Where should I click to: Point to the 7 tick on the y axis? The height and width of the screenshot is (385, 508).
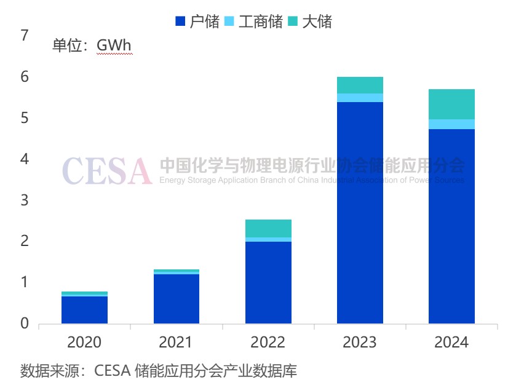tap(25, 36)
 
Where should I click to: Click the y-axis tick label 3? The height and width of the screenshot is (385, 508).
tap(25, 200)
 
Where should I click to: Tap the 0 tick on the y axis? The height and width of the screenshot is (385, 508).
tap(25, 323)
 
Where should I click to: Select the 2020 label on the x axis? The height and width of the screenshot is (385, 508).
tap(84, 343)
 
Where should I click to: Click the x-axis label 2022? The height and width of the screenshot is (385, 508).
tap(268, 343)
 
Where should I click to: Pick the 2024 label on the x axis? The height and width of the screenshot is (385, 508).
tap(451, 343)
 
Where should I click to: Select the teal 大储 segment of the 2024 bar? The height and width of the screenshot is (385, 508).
tap(451, 104)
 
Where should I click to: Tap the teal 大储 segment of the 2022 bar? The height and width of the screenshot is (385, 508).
tap(268, 228)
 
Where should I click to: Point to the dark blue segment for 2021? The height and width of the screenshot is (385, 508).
tap(177, 299)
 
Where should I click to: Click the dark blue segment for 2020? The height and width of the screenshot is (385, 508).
tap(84, 310)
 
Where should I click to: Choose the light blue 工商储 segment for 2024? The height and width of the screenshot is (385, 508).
tap(451, 124)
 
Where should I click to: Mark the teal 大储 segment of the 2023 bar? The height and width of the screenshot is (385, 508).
tap(360, 85)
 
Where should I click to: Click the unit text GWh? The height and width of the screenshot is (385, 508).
tap(114, 46)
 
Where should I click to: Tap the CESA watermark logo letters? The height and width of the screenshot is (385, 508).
tap(107, 170)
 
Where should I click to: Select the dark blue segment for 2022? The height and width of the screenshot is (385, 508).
tap(268, 283)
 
